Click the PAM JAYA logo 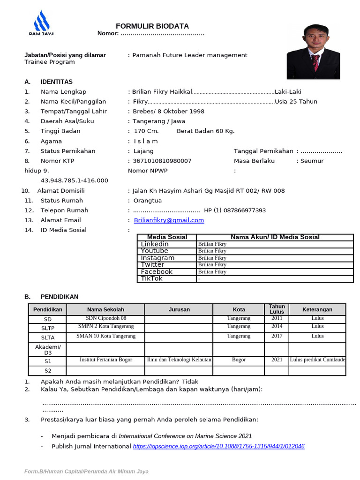pyautogui.click(x=41, y=24)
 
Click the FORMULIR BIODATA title pyautogui.click(x=152, y=26)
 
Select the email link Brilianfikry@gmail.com pyautogui.click(x=169, y=220)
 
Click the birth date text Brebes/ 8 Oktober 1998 pyautogui.click(x=168, y=112)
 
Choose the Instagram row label pyautogui.click(x=157, y=258)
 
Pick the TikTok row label pyautogui.click(x=152, y=278)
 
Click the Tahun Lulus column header pyautogui.click(x=277, y=309)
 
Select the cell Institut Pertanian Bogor pyautogui.click(x=106, y=360)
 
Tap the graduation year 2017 pyautogui.click(x=277, y=336)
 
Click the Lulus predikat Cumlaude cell pyautogui.click(x=317, y=360)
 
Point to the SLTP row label pyautogui.click(x=48, y=328)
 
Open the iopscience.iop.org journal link pyautogui.click(x=219, y=446)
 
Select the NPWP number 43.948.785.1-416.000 pyautogui.click(x=75, y=180)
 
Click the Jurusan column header pyautogui.click(x=179, y=309)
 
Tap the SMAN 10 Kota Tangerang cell pyautogui.click(x=106, y=336)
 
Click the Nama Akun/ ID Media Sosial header pyautogui.click(x=275, y=237)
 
